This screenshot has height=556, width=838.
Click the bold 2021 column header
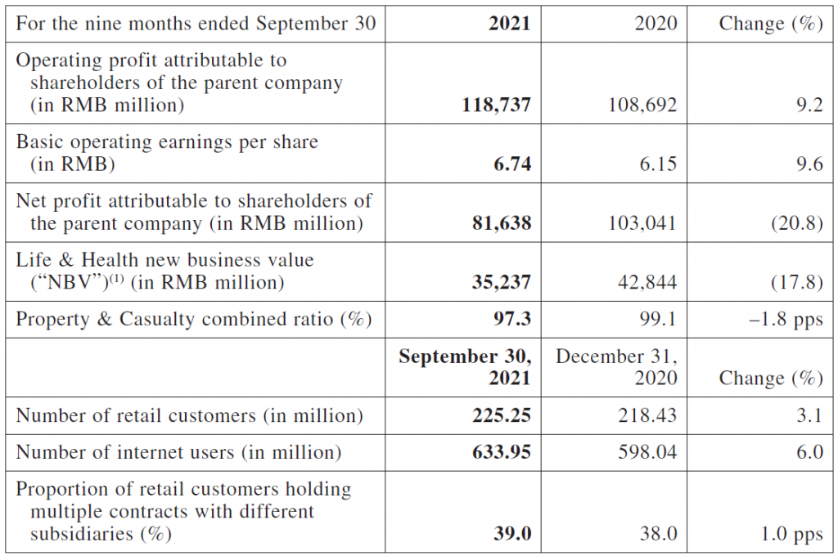(509, 24)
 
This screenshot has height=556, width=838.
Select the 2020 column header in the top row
(656, 24)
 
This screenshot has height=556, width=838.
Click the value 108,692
(642, 105)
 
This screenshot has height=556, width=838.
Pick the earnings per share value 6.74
(512, 164)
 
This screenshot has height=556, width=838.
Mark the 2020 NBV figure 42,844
(647, 282)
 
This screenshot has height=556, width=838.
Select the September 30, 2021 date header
(465, 367)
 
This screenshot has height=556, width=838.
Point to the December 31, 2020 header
(616, 367)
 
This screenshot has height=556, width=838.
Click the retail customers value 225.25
(502, 415)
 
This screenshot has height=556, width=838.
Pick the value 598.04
(647, 452)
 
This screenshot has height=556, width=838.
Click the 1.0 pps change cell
(791, 533)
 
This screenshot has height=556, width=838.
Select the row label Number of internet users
(178, 452)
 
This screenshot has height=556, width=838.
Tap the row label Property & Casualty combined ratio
(194, 319)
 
